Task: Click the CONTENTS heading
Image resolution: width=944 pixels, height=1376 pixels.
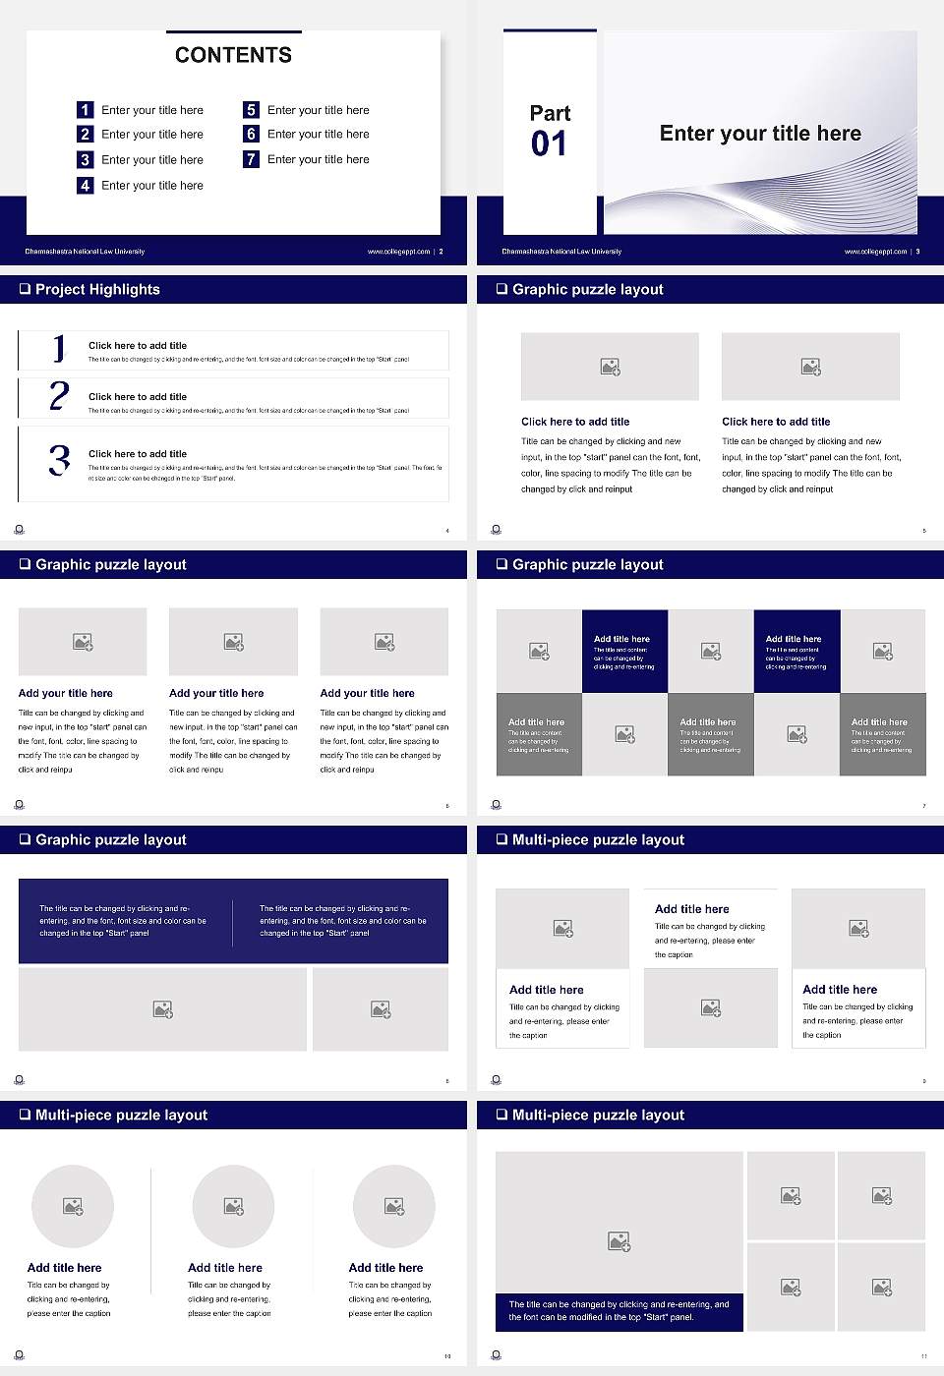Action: coord(233,55)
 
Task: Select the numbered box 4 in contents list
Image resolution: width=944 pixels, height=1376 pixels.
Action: coord(86,185)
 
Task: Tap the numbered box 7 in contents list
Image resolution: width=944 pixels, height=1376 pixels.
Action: coord(251,159)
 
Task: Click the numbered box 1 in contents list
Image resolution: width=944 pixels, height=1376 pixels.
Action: coord(86,110)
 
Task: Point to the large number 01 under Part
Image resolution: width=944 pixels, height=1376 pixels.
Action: coord(549,144)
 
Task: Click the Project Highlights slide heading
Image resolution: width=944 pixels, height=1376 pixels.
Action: coord(97,289)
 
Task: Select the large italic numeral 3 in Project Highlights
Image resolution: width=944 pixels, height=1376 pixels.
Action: coord(59,460)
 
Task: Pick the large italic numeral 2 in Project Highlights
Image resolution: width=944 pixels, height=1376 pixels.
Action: coord(59,396)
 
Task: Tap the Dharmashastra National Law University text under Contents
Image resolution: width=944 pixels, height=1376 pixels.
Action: coord(85,252)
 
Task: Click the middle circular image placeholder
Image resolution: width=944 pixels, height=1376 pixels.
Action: coord(233,1206)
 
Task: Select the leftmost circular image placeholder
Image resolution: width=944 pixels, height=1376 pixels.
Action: coord(73,1206)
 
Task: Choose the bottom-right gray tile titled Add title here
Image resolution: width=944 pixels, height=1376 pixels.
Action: coord(882,734)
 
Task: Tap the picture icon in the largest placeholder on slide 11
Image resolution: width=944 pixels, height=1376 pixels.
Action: coord(619,1242)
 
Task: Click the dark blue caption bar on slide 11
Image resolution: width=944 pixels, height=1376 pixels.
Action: coord(619,1311)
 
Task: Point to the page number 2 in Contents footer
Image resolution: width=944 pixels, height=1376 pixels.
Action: coord(441,252)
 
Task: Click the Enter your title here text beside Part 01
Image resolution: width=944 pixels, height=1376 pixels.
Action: coord(760,134)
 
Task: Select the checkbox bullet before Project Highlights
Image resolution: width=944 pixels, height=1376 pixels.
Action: coord(25,289)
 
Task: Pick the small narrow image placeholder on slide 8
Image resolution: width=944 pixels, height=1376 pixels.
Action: coord(381,1009)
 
